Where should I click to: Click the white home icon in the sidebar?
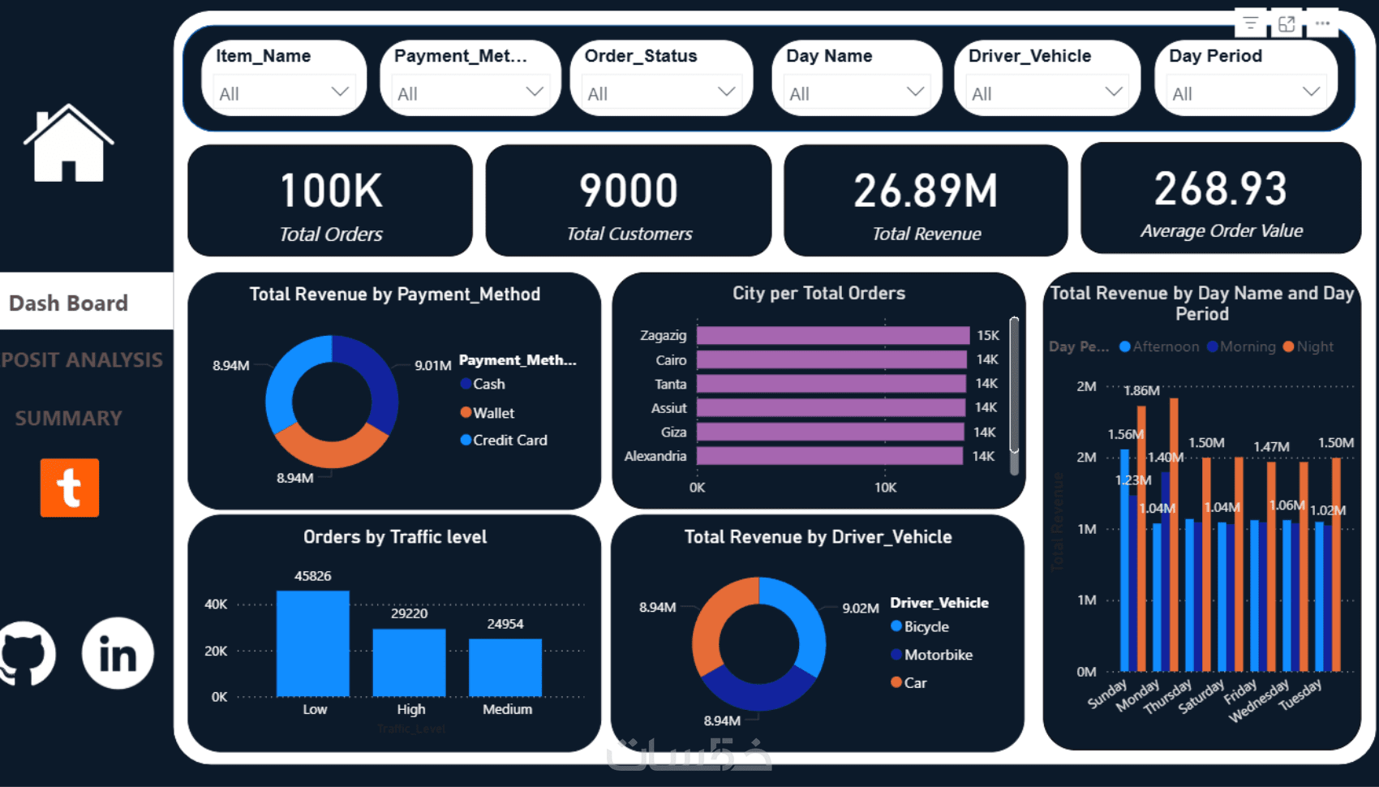point(68,144)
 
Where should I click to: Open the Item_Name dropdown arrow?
point(340,92)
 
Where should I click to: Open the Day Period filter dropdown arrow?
point(1311,92)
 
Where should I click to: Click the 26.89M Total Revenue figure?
point(926,191)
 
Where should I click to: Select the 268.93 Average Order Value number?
point(1220,189)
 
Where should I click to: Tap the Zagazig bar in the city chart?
point(832,335)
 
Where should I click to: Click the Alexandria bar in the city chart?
point(829,456)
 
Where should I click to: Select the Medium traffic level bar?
point(505,667)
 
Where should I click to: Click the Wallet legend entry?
point(492,413)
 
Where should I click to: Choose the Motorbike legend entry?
point(937,655)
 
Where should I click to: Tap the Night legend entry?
point(1313,346)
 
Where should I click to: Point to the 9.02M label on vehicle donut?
point(860,608)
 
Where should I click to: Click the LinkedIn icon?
point(118,654)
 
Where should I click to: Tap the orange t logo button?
point(70,488)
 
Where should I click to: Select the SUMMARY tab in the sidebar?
point(69,418)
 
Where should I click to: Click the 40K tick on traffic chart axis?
point(216,604)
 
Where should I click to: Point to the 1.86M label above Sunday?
point(1141,390)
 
